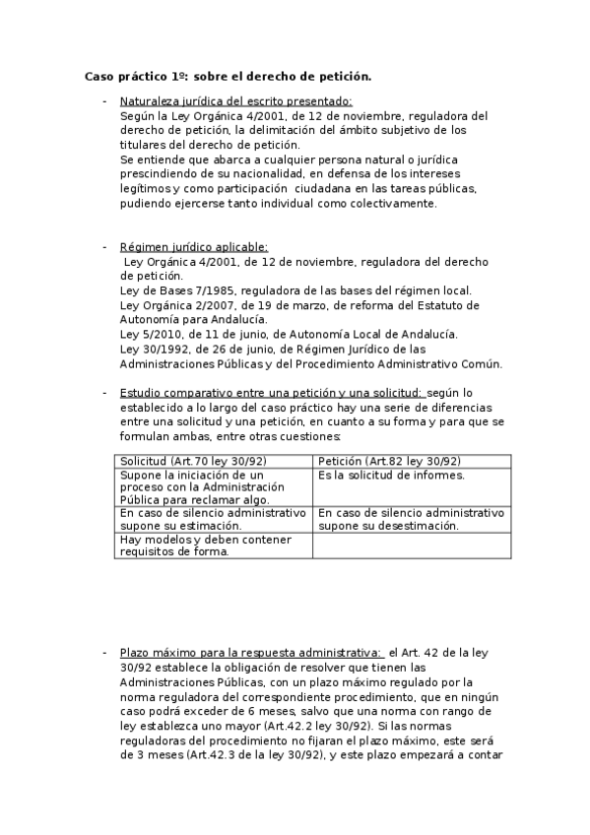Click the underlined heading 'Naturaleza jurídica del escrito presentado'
pos(235,101)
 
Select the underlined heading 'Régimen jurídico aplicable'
pos(193,248)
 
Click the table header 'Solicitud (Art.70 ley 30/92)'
pos(193,461)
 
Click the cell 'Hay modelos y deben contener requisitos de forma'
pos(187,545)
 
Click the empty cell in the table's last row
pos(412,546)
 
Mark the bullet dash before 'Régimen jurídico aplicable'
pos(104,248)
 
